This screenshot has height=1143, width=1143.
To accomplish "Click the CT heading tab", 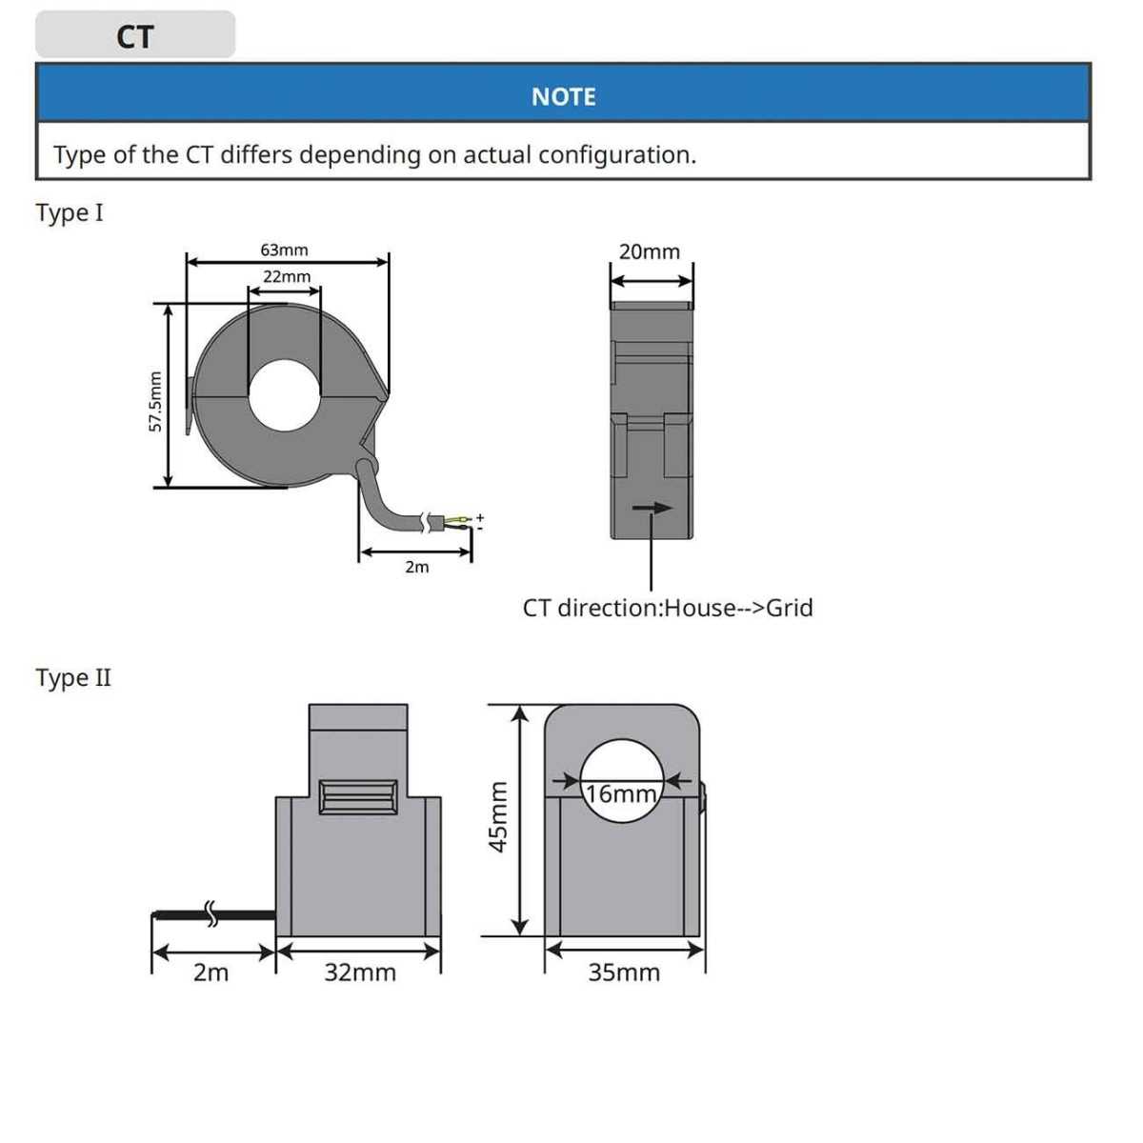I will pos(134,35).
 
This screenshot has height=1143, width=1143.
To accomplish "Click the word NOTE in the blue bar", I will pos(563,96).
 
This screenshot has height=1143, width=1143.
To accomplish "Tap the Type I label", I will pos(69,212).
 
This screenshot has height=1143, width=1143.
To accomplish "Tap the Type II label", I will pos(72,678).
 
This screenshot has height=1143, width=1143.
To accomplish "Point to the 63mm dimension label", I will pos(284,250).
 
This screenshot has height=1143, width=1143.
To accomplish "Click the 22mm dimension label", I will pos(287,276).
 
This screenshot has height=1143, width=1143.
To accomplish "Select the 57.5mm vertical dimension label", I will pos(155,401).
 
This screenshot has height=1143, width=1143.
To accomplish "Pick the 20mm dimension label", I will pos(650,251).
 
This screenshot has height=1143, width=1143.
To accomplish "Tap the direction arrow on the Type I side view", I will pos(652,509).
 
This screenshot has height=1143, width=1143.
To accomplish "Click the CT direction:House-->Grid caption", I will pos(668,608).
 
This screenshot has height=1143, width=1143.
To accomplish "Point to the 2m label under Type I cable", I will pos(416,567).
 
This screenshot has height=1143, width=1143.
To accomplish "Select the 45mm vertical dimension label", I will pos(497,816).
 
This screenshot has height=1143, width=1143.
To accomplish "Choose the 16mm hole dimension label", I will pos(621,793).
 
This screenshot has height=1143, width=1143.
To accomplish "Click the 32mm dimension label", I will pos(359,973).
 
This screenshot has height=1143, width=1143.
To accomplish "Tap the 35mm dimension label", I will pos(624,973).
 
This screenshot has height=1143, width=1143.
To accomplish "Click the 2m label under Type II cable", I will pos(211,973).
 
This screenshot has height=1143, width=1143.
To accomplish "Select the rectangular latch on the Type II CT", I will pos(358,796).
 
